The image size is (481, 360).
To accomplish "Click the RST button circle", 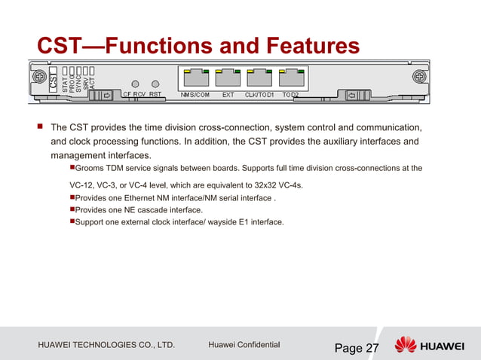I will point(155,83).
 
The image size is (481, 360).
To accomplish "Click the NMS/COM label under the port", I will point(195,95).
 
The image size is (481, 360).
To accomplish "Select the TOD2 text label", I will point(290,95).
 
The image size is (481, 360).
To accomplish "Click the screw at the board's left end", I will point(37,77).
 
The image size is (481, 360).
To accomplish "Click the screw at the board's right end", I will point(448,77).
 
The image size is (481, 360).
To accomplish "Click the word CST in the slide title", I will point(62,46).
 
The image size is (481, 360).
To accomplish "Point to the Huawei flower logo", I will point(405,346).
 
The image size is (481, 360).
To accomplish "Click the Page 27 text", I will point(357,347).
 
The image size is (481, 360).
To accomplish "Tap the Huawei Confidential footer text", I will point(244,345).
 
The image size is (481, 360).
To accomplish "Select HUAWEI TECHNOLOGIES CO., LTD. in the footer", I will point(106,346).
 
